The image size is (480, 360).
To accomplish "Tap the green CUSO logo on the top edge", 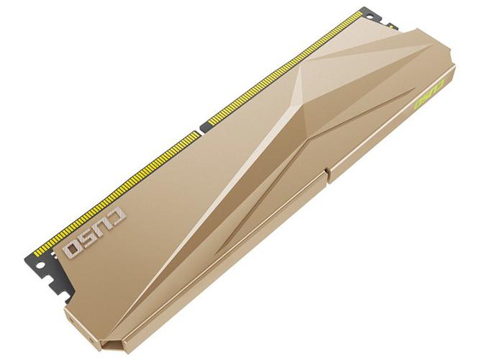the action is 429,92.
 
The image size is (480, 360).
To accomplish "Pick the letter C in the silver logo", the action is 114,216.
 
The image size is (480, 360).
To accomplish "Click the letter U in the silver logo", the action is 101,228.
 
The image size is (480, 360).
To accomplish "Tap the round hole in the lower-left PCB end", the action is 40,265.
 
